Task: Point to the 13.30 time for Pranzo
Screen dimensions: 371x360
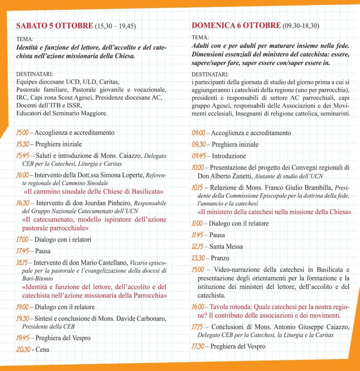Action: point(199,258)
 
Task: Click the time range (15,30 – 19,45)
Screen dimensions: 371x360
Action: point(118,26)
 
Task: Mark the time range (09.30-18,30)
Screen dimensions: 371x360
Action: point(301,26)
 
